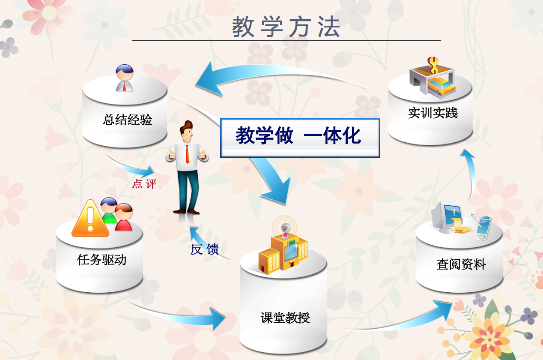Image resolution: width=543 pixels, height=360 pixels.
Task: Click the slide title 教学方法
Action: tap(286, 27)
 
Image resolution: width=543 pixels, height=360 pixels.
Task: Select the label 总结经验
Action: tap(127, 119)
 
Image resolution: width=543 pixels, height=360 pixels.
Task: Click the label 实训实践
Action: tap(433, 113)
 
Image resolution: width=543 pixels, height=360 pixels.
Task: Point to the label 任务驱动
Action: tap(101, 259)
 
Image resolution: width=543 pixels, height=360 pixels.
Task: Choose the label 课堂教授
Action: tap(285, 318)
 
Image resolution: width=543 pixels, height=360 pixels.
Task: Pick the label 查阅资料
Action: tap(461, 264)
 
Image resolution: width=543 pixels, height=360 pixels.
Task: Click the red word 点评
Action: tap(144, 184)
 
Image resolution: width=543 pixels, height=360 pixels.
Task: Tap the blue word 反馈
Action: tap(204, 249)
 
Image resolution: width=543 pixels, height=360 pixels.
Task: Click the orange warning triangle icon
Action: tap(90, 219)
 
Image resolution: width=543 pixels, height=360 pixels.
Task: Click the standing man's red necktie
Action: tap(187, 154)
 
